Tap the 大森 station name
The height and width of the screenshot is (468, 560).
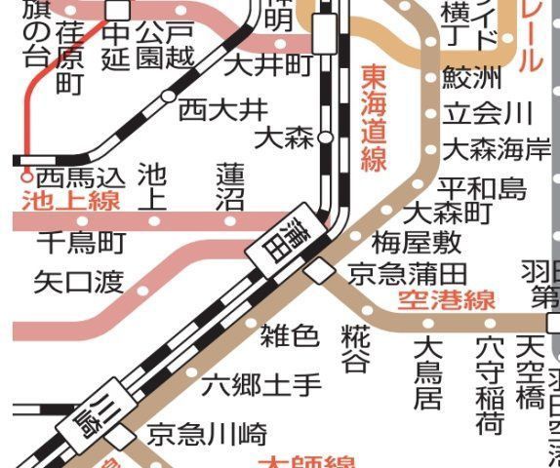(284, 136)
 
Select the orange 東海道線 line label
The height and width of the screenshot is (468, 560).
(374, 118)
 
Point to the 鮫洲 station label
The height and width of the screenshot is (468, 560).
(472, 76)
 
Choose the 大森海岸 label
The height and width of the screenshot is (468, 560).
(497, 150)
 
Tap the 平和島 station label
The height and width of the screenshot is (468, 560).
(482, 187)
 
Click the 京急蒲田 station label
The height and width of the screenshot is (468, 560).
(408, 273)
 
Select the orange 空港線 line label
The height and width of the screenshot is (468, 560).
(447, 300)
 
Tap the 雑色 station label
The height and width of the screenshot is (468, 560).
(290, 336)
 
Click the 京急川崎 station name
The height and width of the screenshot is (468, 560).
(207, 434)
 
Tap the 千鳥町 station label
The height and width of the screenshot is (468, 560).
(82, 241)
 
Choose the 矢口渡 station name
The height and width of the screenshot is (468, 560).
(79, 283)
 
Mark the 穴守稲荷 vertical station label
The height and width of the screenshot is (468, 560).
(490, 384)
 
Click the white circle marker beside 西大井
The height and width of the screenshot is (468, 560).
(168, 97)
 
